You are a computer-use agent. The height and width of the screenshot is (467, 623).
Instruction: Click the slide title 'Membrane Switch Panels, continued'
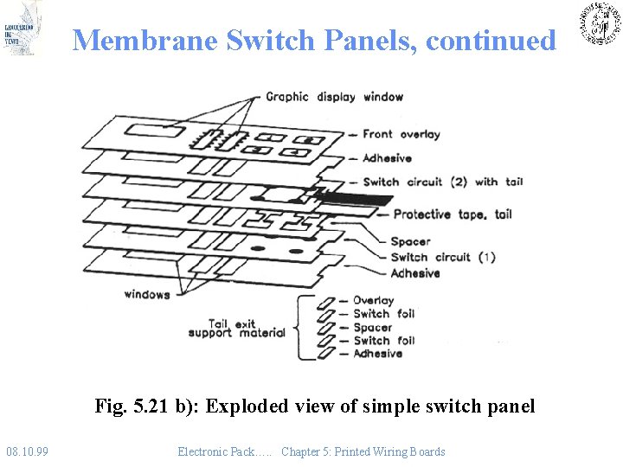pyautogui.click(x=313, y=41)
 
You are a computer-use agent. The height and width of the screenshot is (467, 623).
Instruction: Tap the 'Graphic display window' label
pyautogui.click(x=334, y=97)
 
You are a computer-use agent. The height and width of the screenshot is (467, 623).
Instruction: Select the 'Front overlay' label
pyautogui.click(x=401, y=134)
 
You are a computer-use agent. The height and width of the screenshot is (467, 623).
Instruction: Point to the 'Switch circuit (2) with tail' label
pyautogui.click(x=442, y=182)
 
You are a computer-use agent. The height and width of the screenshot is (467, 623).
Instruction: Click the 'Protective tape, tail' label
pyautogui.click(x=452, y=214)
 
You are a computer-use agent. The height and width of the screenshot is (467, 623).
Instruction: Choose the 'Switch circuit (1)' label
pyautogui.click(x=442, y=257)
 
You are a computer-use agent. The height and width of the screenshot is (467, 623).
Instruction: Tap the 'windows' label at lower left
pyautogui.click(x=146, y=294)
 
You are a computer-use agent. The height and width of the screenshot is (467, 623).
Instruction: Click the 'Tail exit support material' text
pyautogui.click(x=235, y=329)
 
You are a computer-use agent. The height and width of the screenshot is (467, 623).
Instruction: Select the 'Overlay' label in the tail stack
pyautogui.click(x=373, y=300)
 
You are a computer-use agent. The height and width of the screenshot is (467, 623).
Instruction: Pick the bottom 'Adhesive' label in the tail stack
pyautogui.click(x=377, y=353)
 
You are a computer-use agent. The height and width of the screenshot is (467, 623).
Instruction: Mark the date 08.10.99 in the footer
pyautogui.click(x=27, y=451)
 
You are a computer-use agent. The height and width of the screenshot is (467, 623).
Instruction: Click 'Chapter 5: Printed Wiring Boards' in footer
pyautogui.click(x=363, y=451)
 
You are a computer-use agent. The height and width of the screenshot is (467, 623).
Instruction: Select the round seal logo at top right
pyautogui.click(x=599, y=23)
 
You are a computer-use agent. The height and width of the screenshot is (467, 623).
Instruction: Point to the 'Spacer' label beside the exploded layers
pyautogui.click(x=409, y=241)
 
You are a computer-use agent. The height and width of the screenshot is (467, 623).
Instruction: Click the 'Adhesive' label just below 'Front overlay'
pyautogui.click(x=387, y=158)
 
